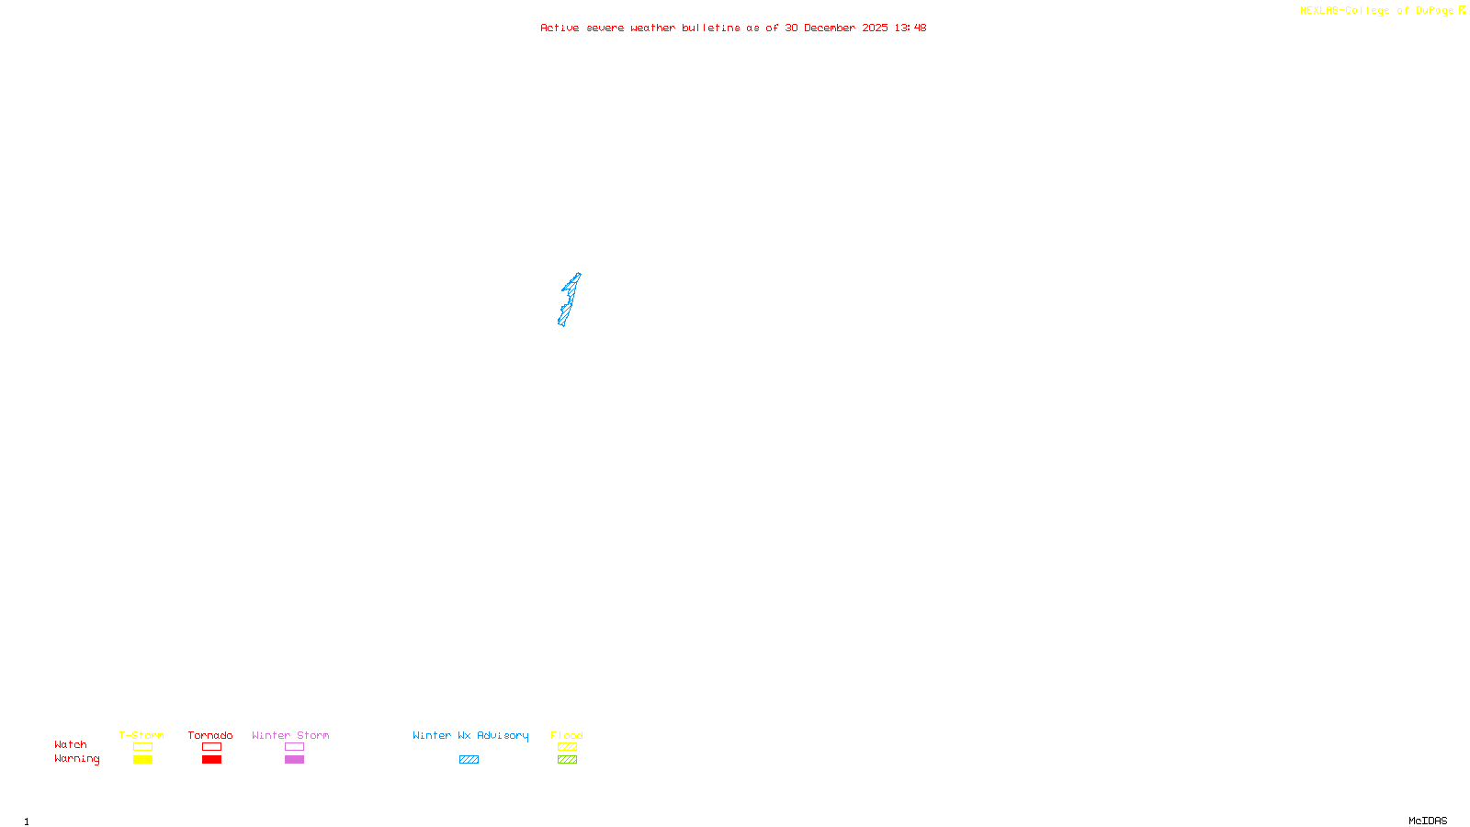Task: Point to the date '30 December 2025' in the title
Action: point(836,28)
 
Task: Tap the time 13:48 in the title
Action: point(910,28)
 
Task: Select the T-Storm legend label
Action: point(141,735)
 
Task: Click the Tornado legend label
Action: point(210,735)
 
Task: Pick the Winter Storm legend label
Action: point(290,735)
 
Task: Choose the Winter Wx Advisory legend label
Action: point(470,735)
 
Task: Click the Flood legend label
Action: point(567,735)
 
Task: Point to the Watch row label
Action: point(71,745)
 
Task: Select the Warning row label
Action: point(77,759)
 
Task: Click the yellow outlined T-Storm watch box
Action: point(142,747)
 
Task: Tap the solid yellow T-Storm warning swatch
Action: point(142,760)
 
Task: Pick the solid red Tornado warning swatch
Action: point(211,760)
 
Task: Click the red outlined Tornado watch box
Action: point(211,747)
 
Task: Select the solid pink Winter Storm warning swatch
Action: point(294,760)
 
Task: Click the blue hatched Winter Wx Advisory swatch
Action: point(469,760)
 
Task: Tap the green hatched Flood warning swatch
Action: point(567,760)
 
